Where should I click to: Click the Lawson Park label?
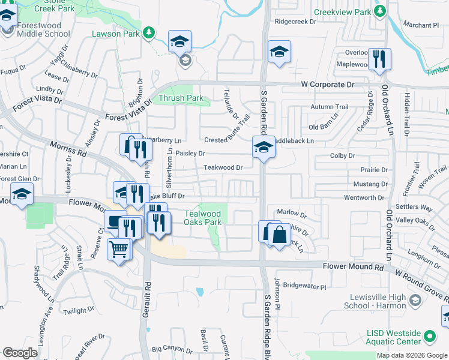(x=115, y=34)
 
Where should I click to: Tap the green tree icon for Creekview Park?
(x=379, y=11)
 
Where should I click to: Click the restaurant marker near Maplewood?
(x=379, y=59)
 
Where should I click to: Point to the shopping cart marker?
(x=119, y=248)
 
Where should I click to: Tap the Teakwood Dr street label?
(x=223, y=168)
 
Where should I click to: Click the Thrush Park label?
(x=181, y=98)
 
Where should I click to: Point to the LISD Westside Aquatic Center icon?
(x=429, y=335)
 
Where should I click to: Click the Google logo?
(x=20, y=353)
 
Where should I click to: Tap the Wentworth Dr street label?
(x=364, y=197)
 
